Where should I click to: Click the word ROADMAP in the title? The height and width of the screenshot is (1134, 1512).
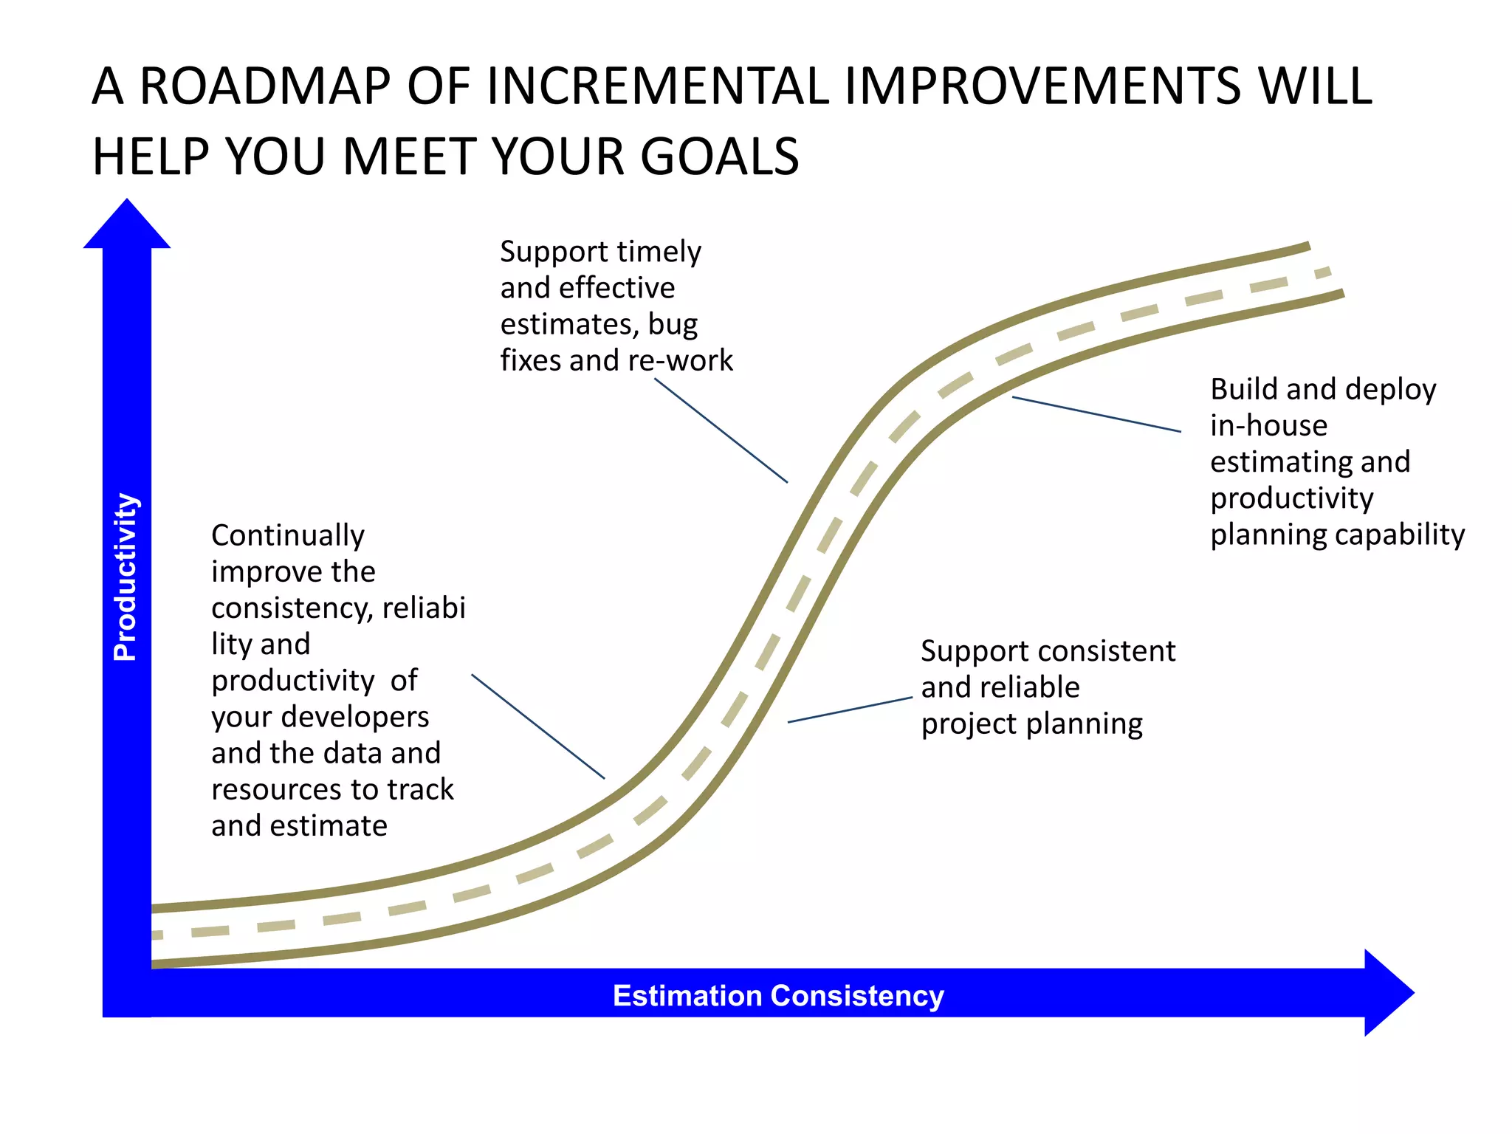pos(265,86)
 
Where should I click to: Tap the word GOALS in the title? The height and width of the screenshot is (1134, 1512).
pos(719,157)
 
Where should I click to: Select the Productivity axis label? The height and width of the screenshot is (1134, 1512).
pos(126,577)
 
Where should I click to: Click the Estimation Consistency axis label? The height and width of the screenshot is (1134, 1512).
pos(778,996)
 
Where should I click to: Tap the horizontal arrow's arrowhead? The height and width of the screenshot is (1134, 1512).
pos(1388,993)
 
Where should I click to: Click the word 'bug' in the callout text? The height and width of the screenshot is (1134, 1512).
pos(673,325)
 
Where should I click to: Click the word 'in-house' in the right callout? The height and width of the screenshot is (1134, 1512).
pos(1268,425)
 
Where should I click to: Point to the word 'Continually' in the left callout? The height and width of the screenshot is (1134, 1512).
pos(287,535)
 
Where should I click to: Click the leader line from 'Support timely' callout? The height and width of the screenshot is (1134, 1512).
pos(721,431)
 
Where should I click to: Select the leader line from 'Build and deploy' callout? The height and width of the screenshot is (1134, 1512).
pos(1096,414)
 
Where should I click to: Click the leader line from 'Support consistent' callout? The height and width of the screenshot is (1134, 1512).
pos(850,709)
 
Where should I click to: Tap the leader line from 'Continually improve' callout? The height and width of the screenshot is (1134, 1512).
pos(537,726)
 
